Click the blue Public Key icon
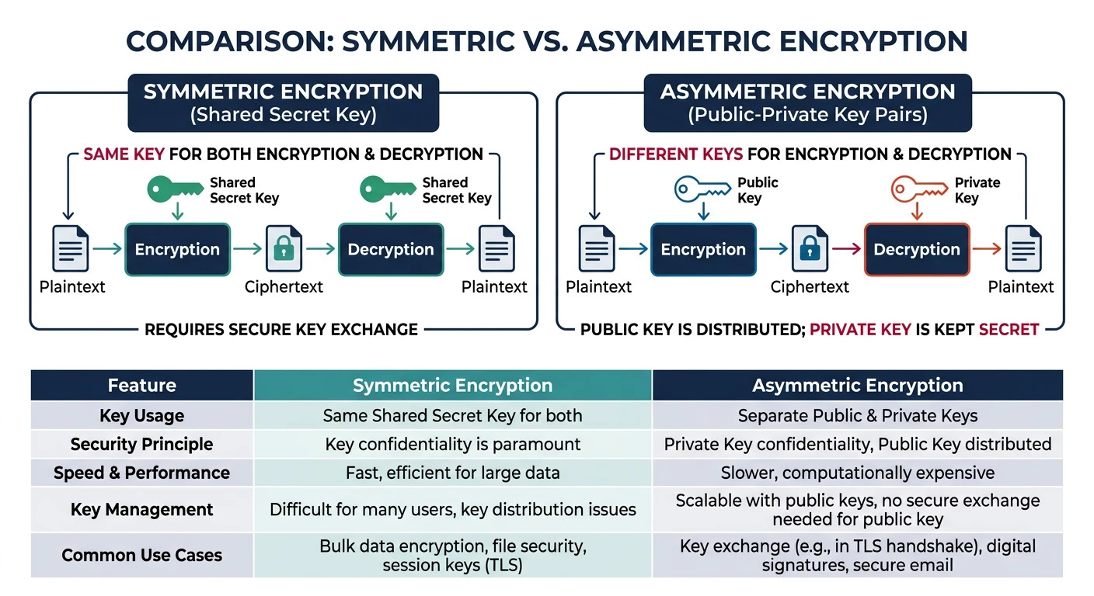click(702, 189)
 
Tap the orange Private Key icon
click(918, 189)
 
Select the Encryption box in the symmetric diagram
click(177, 249)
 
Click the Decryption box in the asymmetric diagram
click(917, 249)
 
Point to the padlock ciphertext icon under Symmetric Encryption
click(284, 249)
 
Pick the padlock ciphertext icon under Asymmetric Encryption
click(810, 249)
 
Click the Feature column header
click(141, 386)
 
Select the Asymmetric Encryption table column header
click(857, 386)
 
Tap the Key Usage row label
click(141, 415)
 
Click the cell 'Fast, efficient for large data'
click(452, 473)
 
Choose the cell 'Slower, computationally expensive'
click(857, 473)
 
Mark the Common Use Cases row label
click(141, 555)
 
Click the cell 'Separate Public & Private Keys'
click(857, 415)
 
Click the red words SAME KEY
click(124, 154)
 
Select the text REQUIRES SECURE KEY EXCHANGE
click(281, 329)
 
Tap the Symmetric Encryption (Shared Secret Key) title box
click(283, 102)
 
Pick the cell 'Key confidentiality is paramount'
click(452, 444)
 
